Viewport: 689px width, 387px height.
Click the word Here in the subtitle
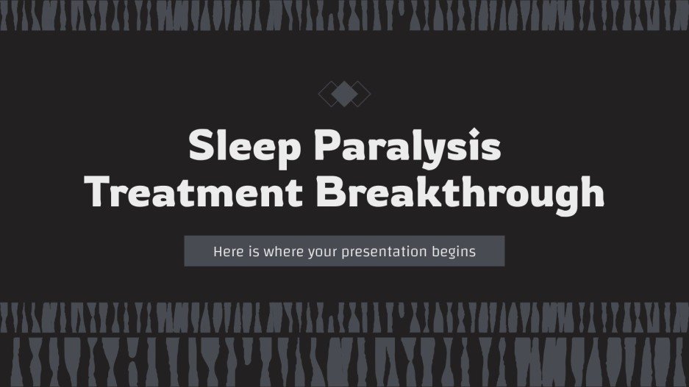pos(228,251)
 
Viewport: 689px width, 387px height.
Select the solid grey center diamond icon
pos(344,93)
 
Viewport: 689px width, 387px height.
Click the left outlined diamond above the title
pos(329,93)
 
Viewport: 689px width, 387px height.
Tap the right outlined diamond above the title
pos(360,93)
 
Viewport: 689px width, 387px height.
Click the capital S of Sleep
pos(201,146)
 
